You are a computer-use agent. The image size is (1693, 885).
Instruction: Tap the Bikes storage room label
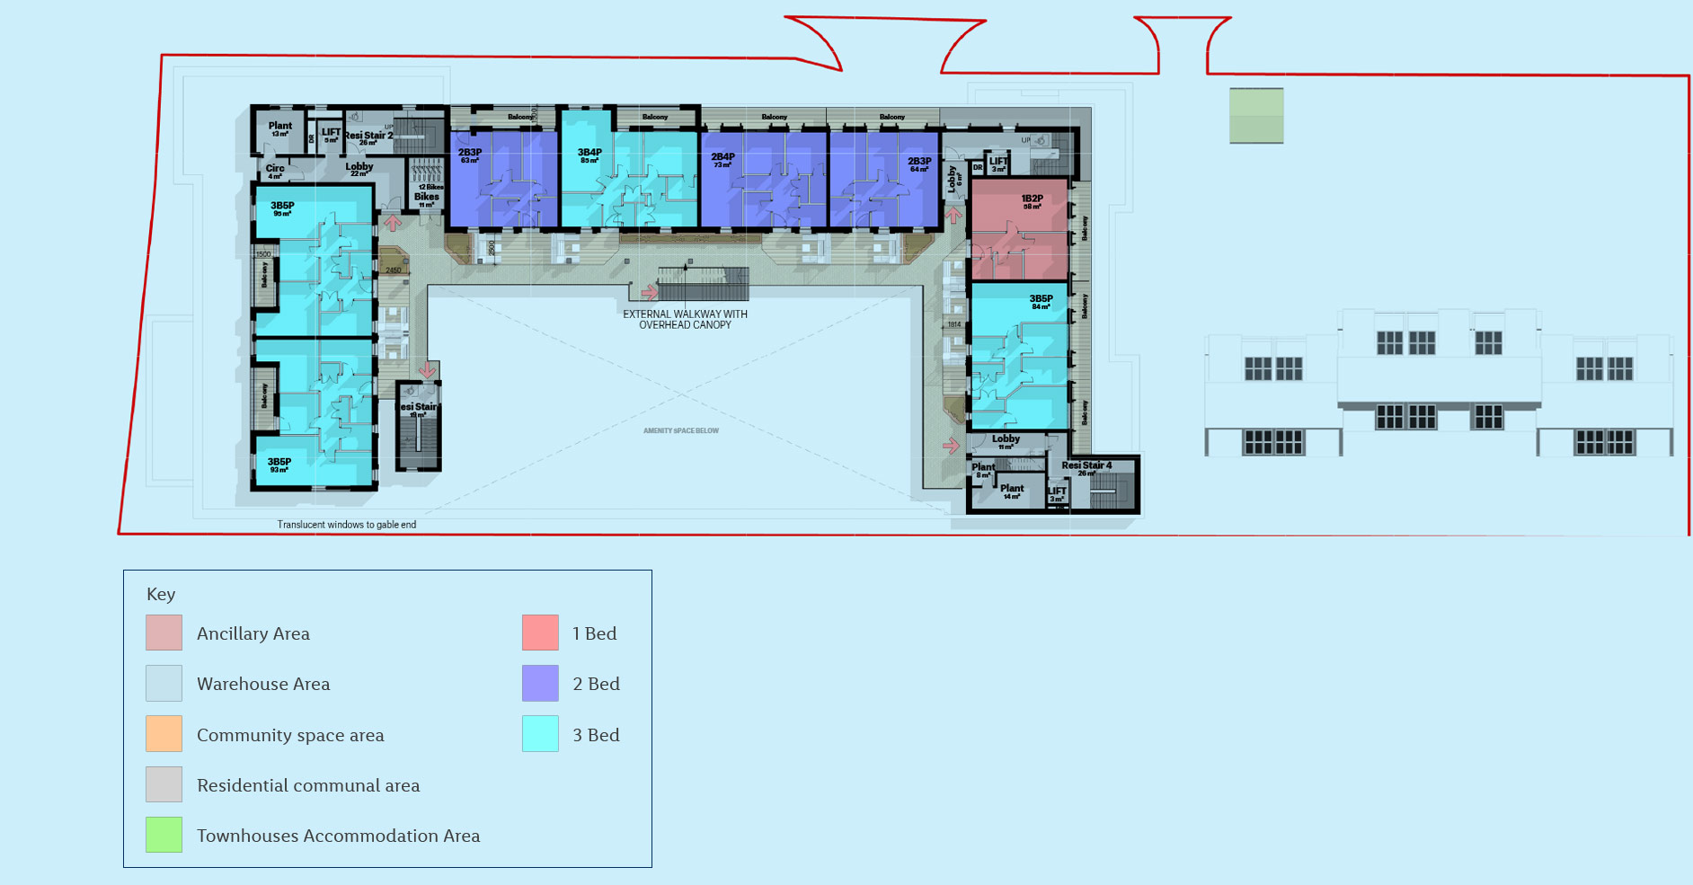point(427,198)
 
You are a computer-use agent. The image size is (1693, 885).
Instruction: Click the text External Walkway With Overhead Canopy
point(685,319)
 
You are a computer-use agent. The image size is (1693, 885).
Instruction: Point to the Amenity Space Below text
point(680,430)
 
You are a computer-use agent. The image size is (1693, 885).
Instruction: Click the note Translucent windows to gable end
point(346,525)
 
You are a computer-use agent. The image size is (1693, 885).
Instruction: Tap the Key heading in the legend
point(161,594)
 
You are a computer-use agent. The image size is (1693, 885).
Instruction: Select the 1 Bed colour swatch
point(540,633)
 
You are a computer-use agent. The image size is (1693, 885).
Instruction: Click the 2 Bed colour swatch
point(540,683)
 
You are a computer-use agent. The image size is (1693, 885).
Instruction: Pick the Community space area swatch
point(164,734)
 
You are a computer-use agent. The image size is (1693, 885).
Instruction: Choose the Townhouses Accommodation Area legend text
point(338,836)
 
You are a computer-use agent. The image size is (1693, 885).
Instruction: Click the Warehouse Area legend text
point(263,684)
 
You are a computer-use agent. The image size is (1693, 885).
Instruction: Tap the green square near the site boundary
point(1256,115)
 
